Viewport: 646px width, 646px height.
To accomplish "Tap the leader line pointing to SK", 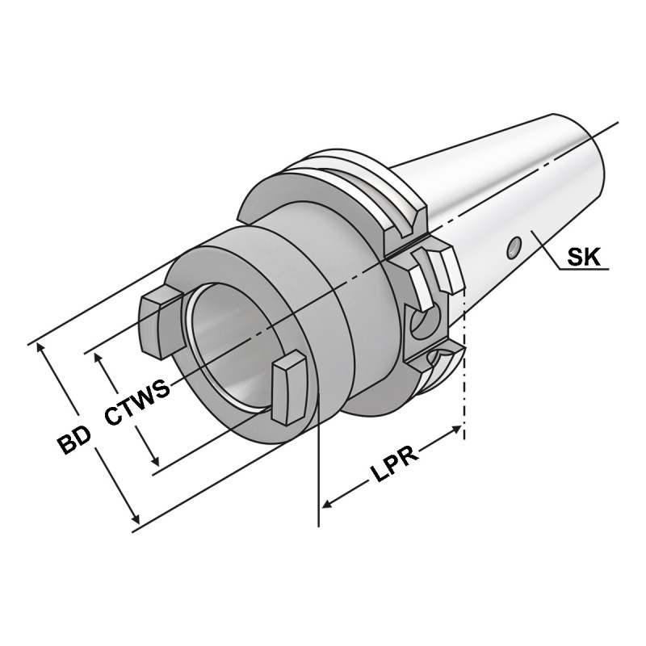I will (549, 252).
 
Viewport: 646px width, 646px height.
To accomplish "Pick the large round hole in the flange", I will (422, 325).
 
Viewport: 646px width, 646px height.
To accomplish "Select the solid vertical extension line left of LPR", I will (321, 460).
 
